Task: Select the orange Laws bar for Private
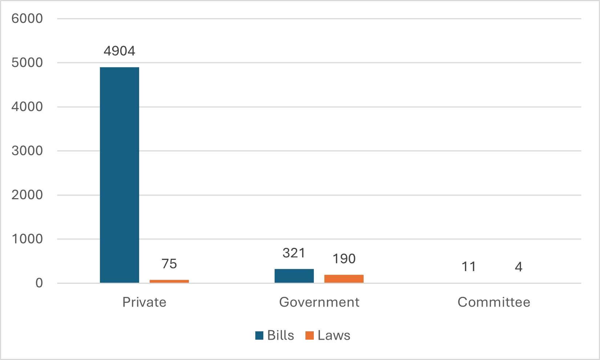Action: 169,281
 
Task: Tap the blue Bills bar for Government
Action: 294,276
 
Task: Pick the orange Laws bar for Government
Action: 344,279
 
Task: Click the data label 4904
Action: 119,51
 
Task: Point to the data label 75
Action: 169,264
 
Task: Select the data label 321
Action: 294,253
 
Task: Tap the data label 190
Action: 344,259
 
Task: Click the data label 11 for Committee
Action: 469,267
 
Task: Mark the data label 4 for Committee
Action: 519,267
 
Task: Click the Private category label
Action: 144,302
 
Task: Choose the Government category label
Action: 319,302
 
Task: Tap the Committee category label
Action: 494,302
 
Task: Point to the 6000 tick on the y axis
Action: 27,19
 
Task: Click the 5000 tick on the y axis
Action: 27,63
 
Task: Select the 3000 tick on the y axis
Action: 27,151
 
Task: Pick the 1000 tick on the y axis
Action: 27,239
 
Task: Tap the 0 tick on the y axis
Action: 39,283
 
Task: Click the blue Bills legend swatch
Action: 259,335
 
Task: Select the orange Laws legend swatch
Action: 309,335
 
